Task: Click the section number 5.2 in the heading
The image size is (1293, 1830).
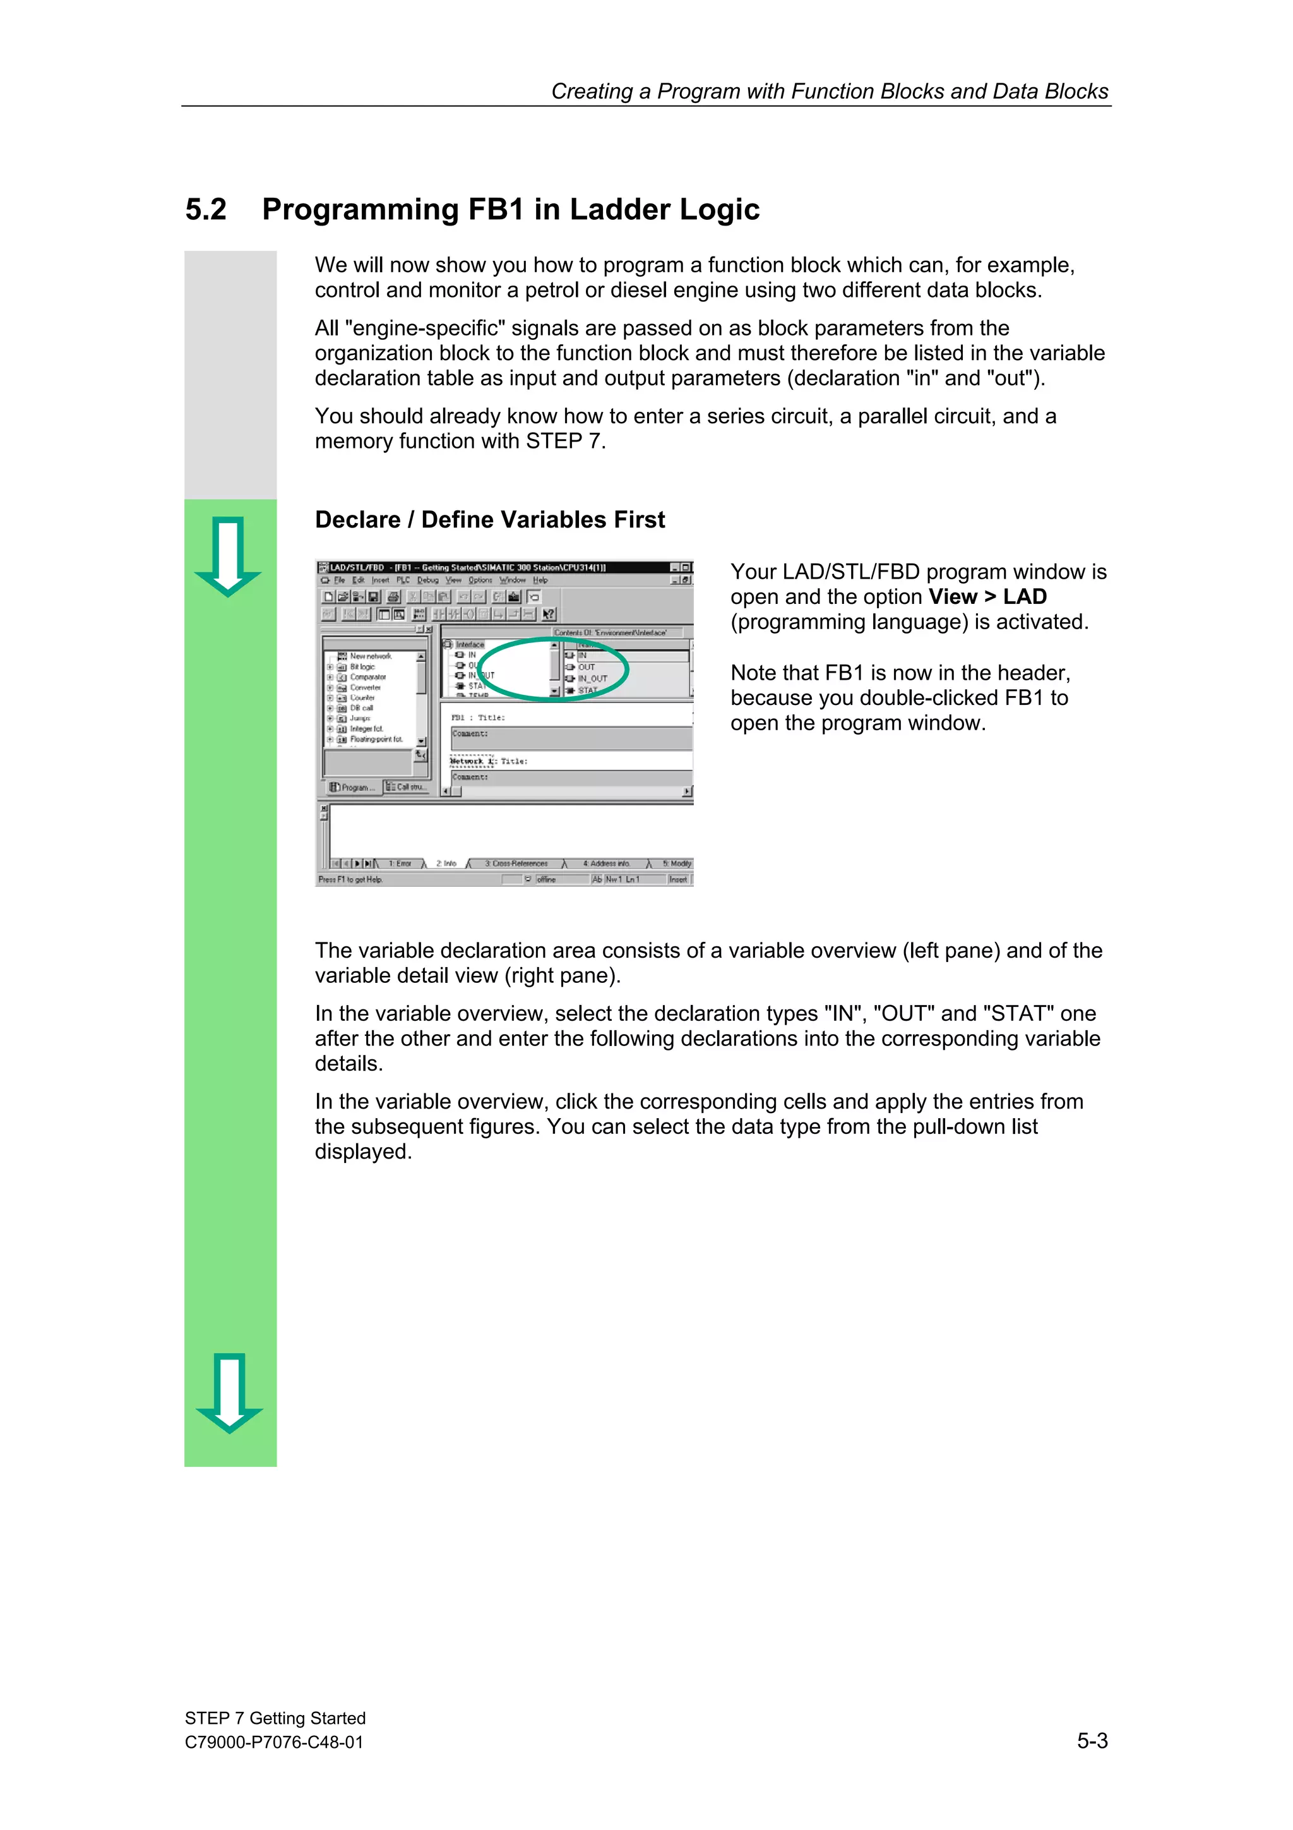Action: point(206,210)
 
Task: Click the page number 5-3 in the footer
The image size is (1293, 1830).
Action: point(1092,1741)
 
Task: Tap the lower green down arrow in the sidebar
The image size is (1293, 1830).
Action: point(229,1392)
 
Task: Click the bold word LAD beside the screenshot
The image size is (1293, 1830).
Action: point(1025,597)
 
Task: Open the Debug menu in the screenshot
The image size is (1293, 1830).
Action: point(428,581)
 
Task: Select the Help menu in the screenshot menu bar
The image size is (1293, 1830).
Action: point(540,581)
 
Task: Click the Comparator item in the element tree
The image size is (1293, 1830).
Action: point(367,677)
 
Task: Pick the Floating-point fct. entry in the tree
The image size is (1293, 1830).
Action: point(376,739)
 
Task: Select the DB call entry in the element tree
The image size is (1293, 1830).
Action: point(361,707)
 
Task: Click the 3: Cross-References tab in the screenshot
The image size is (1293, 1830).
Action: point(516,863)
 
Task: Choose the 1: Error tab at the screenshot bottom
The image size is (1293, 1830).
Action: point(400,863)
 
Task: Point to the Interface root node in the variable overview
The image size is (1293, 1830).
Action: point(469,645)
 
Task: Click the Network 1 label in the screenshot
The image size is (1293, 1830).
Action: point(472,761)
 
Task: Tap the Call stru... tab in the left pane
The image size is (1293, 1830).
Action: point(407,786)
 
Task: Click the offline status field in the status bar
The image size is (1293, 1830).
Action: point(547,879)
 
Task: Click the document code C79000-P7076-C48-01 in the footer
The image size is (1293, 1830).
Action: point(273,1742)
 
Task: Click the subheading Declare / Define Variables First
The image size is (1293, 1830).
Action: point(489,520)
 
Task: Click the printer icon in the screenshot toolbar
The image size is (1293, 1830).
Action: point(393,597)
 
